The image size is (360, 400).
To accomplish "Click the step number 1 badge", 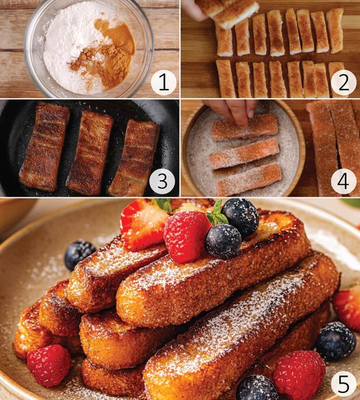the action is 164,82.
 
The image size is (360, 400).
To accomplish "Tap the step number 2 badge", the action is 343,82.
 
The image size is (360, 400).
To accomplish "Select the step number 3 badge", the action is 162,181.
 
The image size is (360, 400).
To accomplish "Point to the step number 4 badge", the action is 343,181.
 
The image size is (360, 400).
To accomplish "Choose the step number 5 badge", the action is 343,385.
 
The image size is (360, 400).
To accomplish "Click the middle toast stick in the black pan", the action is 90,153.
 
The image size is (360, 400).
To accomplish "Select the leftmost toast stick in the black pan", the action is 44,147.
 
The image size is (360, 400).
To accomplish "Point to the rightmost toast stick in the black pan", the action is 133,158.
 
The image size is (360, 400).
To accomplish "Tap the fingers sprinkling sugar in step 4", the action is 233,112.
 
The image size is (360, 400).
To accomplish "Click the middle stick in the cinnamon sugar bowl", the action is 244,154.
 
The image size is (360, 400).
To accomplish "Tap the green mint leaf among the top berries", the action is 217,213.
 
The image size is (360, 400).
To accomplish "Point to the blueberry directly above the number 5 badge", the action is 336,341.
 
